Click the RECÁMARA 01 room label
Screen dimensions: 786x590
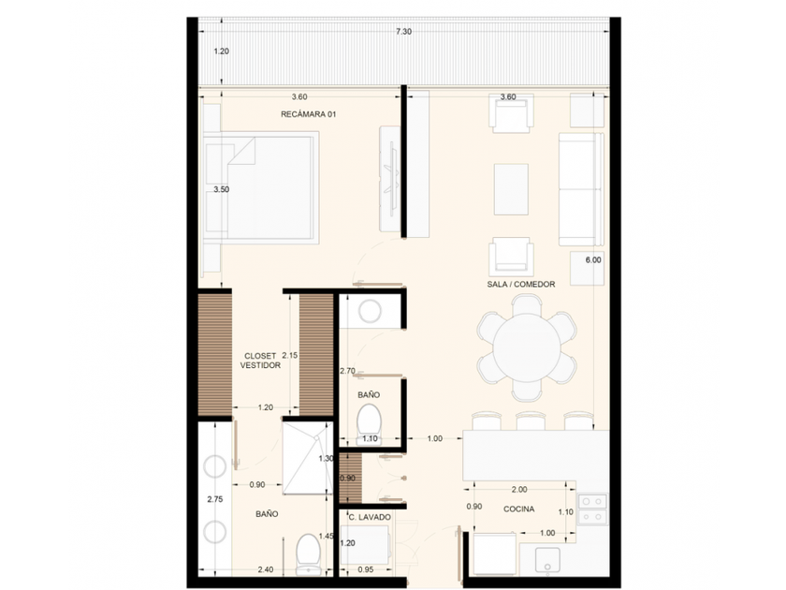308,114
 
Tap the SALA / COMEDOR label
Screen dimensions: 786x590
521,284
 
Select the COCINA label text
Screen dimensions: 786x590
518,509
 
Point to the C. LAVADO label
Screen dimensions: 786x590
370,517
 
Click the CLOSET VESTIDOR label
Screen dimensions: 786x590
260,361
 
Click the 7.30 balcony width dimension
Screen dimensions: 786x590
403,32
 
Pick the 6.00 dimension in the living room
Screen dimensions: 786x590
593,260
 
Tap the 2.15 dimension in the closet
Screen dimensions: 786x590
290,355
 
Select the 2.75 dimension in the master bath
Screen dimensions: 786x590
215,499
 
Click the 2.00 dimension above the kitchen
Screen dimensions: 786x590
519,489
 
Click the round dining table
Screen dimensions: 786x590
526,347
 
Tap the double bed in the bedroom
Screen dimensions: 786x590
261,187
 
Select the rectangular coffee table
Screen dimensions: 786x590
511,189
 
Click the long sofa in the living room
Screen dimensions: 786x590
581,189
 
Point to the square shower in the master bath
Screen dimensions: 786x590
307,458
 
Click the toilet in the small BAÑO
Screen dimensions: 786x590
369,424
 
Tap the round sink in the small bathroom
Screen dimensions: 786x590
370,312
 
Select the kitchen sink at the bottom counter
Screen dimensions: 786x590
547,560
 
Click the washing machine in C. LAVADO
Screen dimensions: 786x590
365,545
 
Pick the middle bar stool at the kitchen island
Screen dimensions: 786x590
531,420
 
